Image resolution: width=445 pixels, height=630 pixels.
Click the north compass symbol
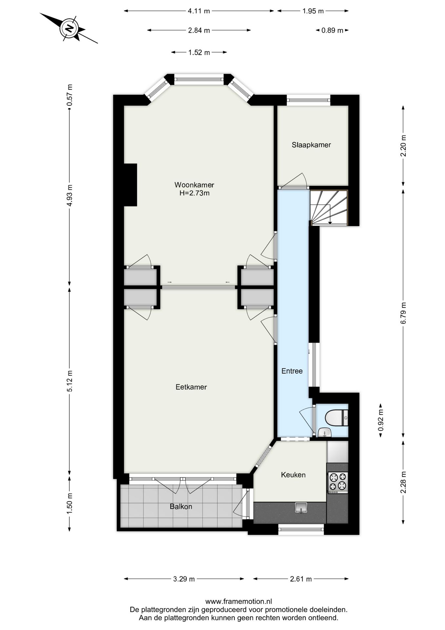pos(69,28)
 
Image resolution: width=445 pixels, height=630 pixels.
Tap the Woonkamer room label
pos(194,185)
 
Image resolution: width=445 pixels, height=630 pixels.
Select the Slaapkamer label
pos(311,145)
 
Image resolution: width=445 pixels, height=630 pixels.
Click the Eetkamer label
pos(191,387)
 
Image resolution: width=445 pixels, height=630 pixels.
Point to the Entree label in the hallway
pos(292,371)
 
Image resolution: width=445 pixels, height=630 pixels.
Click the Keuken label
pos(293,475)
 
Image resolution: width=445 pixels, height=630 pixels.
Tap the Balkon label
pos(181,507)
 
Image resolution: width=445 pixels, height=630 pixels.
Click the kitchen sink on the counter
pos(300,508)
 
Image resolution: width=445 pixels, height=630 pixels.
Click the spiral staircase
pos(329,207)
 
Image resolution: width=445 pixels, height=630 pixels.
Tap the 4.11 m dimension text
pos(199,11)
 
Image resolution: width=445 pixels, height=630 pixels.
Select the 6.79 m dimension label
pos(403,313)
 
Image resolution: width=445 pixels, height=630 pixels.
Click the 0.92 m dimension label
pos(380,420)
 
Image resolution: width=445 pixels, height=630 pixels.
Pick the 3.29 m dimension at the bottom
pos(184,579)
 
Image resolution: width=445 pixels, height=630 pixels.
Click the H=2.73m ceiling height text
pos(194,193)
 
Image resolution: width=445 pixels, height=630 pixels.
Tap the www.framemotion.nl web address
pos(238,601)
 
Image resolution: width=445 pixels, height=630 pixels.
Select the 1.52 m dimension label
pos(199,52)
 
